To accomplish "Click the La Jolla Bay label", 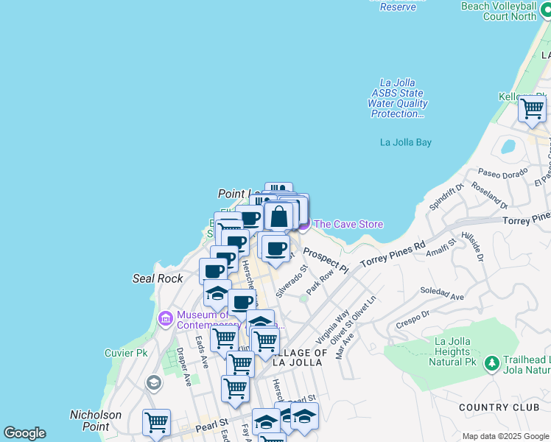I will [405, 142].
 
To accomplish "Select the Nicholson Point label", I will [96, 421].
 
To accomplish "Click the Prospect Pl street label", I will [325, 259].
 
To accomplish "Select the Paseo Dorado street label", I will [502, 174].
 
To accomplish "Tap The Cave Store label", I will [348, 224].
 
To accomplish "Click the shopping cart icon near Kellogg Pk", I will [532, 109].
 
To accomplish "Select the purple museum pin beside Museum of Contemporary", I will [166, 318].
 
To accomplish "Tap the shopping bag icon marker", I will [279, 217].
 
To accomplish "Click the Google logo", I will [24, 433].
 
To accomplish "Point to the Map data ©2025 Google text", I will [505, 436].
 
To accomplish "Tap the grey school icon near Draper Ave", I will [153, 382].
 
